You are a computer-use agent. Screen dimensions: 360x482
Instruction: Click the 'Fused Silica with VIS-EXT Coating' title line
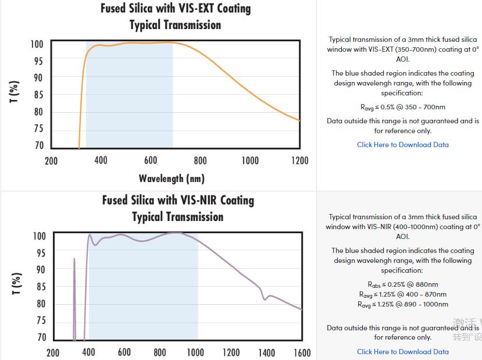176,9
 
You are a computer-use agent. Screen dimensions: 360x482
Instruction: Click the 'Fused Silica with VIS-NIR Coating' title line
178,201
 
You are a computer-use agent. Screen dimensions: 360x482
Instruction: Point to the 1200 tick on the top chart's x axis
299,161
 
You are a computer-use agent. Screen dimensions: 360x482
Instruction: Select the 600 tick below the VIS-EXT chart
151,161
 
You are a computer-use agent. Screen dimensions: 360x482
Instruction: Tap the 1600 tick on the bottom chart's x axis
302,352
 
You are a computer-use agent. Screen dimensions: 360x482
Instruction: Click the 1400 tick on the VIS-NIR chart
266,352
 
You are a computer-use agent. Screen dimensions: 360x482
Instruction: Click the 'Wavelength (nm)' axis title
172,179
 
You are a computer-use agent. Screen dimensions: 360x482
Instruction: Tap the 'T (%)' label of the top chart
15,92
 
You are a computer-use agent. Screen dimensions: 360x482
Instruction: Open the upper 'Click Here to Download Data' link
402,145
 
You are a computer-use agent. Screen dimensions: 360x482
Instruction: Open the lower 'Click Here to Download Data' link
402,351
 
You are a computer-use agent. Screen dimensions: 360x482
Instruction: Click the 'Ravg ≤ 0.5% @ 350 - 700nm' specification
402,107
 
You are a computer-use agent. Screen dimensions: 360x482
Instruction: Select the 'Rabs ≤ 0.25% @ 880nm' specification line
402,284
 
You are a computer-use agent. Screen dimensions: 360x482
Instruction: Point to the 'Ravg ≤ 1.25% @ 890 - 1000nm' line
402,304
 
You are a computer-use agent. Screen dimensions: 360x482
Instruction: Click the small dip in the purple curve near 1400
265,298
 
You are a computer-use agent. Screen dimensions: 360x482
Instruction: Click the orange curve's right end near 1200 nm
298,120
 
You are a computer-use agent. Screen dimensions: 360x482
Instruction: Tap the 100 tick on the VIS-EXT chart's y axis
37,44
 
